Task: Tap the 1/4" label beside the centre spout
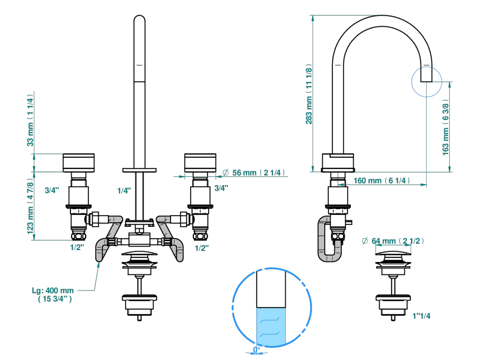[x=124, y=191]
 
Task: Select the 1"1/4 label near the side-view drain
[x=421, y=316]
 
